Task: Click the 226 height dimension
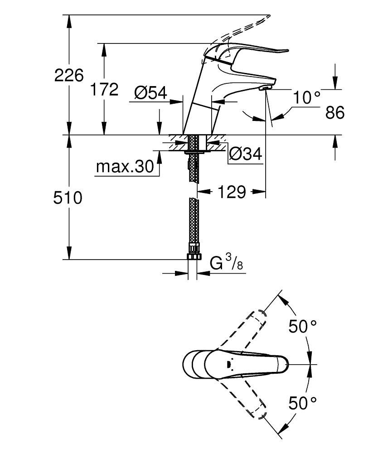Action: point(69,75)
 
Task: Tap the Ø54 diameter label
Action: point(150,93)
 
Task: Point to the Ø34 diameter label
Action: point(245,154)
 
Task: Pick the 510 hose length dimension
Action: point(68,198)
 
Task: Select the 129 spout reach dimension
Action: point(231,192)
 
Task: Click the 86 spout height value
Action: point(335,112)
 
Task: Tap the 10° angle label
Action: point(306,97)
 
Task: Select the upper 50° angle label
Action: point(303,326)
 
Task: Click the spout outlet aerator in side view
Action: point(265,88)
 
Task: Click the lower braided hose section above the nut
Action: point(194,222)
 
